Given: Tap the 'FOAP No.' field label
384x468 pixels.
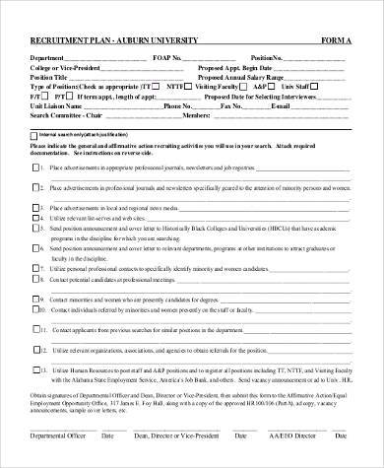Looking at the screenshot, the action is click(x=168, y=57).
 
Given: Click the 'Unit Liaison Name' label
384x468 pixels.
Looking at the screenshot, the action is click(x=62, y=105).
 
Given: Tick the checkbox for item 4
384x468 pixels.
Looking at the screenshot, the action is click(x=36, y=224).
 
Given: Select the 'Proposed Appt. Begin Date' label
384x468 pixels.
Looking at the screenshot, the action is click(x=237, y=67).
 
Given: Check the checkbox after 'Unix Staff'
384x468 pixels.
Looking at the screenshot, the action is click(x=345, y=87).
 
